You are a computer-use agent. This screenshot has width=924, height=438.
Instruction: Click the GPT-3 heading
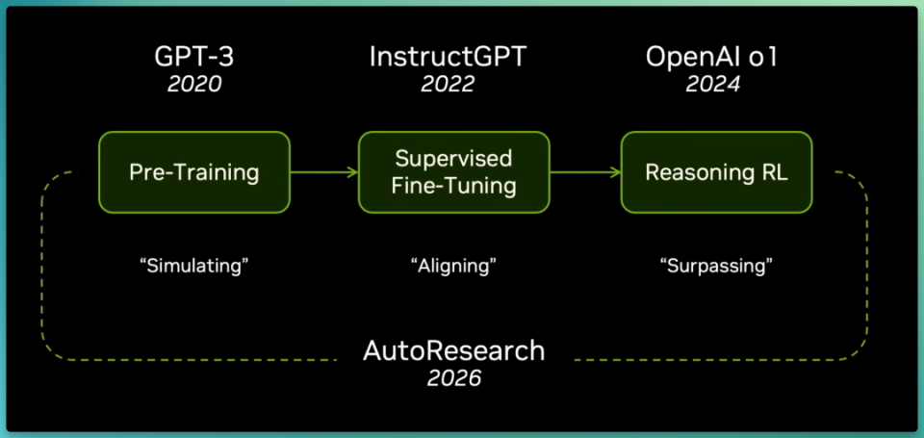[194, 57]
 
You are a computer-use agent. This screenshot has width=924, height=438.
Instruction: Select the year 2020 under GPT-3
[194, 85]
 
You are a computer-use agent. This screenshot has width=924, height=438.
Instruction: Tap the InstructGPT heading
[448, 57]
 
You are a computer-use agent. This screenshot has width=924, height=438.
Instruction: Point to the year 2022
[448, 85]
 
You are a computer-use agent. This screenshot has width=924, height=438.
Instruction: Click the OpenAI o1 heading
[711, 57]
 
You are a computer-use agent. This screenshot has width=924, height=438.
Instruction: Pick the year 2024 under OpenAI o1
[713, 85]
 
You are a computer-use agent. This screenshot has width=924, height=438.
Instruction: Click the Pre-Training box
[194, 172]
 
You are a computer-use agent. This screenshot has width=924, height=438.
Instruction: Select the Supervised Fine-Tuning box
[454, 172]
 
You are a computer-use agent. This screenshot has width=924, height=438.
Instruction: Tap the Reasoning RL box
[716, 172]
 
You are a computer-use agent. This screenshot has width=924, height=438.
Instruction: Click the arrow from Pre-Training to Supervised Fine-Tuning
[324, 172]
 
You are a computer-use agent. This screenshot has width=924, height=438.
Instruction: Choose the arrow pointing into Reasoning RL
[585, 172]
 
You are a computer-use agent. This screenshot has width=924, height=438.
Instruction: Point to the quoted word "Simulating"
[194, 266]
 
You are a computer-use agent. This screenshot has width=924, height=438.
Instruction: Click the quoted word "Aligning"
[453, 266]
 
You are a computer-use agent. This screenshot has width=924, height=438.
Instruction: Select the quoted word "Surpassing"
[716, 266]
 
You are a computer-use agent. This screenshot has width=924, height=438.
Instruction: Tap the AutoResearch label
[453, 351]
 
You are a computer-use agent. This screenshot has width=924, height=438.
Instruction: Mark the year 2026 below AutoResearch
[454, 378]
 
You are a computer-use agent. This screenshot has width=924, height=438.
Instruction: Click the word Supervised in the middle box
[453, 159]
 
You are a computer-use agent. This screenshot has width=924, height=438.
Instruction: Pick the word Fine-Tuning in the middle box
[453, 187]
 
